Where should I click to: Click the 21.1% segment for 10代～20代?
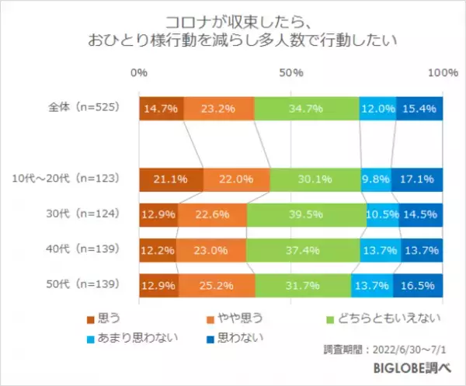171,179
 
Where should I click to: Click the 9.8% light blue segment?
376,179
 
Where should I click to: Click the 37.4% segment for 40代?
303,251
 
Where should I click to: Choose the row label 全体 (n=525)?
79,109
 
